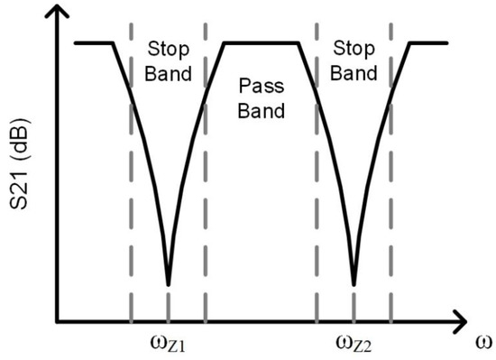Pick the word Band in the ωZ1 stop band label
169,72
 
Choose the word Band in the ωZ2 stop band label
354,72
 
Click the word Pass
262,88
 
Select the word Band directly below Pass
262,112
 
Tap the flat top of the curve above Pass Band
262,42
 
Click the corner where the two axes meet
58,320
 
